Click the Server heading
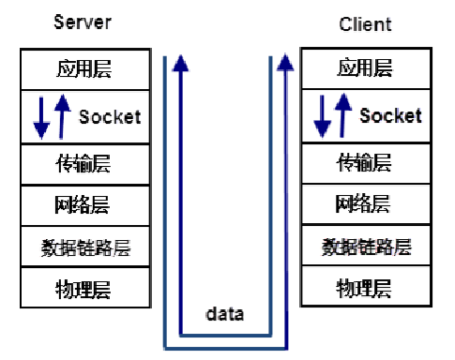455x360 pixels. pos(83,22)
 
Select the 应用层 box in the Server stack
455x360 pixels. pos(83,69)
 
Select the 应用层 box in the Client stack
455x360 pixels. pos(364,67)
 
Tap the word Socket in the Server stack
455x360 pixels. pos(110,117)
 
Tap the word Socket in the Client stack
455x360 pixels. pos(390,116)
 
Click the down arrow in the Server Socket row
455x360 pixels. pos(40,117)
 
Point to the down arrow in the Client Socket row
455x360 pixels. pos(322,117)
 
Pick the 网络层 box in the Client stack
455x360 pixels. pos(364,204)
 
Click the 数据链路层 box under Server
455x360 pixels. pos(83,247)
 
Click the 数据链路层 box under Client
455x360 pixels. pos(366,247)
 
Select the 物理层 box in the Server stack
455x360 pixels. pos(83,287)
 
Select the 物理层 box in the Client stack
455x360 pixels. pos(364,288)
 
